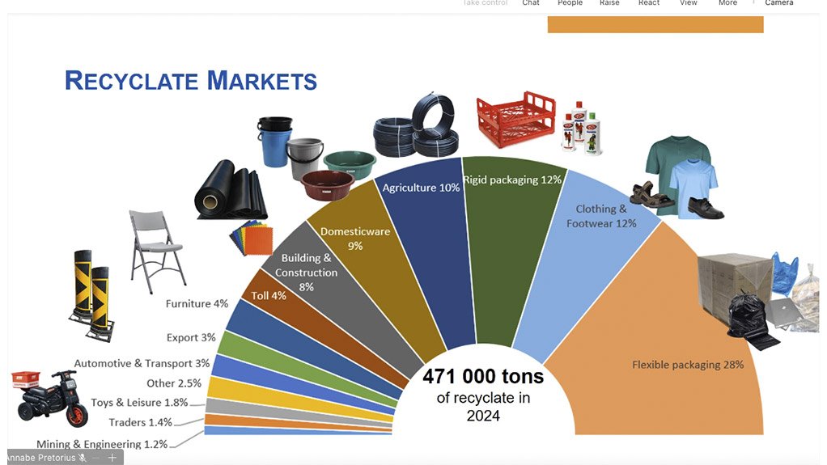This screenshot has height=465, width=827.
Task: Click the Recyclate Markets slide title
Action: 191,81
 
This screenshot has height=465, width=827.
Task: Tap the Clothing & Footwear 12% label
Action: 601,216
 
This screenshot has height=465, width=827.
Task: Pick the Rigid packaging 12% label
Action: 512,180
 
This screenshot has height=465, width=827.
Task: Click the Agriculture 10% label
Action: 421,188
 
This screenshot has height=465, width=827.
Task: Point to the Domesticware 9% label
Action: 355,238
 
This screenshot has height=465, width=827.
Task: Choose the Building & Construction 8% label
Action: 306,273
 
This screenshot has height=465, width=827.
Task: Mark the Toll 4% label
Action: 268,296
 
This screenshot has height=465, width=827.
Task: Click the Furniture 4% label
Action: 197,304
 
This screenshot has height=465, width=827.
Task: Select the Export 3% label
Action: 191,337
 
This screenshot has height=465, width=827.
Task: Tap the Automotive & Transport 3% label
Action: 142,364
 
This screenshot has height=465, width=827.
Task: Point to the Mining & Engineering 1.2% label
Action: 102,444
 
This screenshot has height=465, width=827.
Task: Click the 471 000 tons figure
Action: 484,377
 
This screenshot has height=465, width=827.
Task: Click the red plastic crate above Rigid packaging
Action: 515,120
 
